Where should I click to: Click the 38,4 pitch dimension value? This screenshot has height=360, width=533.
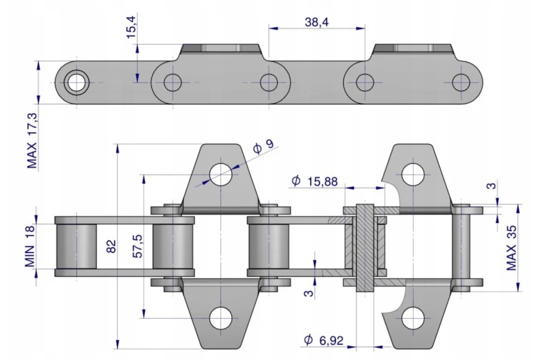(x=316, y=23)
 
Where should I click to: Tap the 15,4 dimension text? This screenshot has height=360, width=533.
(x=131, y=27)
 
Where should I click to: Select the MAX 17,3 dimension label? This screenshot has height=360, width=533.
(x=32, y=141)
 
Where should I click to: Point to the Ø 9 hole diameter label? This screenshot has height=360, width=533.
(x=264, y=146)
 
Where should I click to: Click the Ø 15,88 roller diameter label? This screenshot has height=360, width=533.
(x=315, y=181)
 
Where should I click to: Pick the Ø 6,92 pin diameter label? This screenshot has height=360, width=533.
(x=323, y=339)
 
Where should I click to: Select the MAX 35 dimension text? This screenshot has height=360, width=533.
(x=512, y=248)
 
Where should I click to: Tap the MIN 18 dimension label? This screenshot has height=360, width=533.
(x=30, y=246)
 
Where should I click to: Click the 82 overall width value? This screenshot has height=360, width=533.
(x=111, y=246)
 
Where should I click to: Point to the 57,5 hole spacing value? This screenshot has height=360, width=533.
(x=138, y=246)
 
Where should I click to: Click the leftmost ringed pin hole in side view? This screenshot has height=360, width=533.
(x=77, y=82)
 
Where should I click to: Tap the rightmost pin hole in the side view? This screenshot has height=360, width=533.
(x=461, y=82)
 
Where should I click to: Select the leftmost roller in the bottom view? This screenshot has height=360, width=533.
(x=76, y=246)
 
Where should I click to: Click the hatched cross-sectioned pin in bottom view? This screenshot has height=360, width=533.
(x=365, y=248)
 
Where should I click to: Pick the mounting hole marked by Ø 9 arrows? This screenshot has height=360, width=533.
(x=220, y=175)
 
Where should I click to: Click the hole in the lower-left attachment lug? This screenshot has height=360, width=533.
(x=220, y=318)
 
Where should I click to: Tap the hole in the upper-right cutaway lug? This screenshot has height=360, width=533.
(x=413, y=175)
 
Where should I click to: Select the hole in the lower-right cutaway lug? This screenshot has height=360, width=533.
(x=413, y=318)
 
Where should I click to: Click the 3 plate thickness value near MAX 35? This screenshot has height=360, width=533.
(x=492, y=185)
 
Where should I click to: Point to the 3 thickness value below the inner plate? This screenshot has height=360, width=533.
(x=308, y=292)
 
